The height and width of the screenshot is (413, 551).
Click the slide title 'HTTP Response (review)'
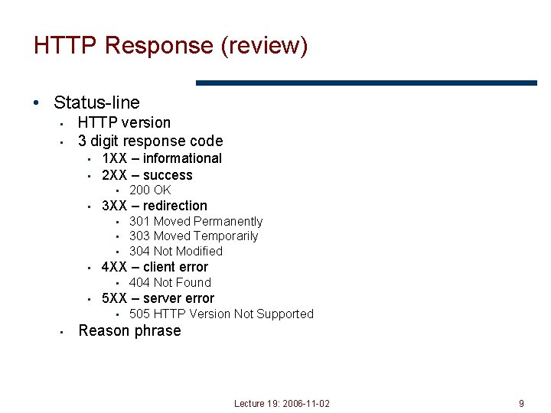(x=171, y=46)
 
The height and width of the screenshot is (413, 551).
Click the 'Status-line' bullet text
(x=96, y=102)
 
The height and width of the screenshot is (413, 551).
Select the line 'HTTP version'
(x=124, y=122)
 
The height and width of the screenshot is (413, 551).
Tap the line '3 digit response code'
(x=150, y=141)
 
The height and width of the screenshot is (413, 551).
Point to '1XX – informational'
(x=161, y=158)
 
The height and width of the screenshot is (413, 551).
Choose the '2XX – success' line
(x=147, y=175)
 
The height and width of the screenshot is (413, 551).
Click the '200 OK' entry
(x=150, y=190)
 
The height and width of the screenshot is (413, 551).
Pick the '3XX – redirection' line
(x=154, y=206)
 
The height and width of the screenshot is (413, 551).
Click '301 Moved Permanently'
(x=196, y=221)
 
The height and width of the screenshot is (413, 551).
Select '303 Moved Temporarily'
(x=194, y=236)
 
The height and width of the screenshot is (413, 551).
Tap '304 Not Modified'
(x=176, y=251)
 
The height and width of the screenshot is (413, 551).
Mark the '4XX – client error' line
(x=155, y=267)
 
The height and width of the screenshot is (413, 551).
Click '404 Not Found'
(x=170, y=282)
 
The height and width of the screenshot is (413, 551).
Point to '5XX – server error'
(x=158, y=298)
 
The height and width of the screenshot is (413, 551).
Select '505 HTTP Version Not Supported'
(x=221, y=314)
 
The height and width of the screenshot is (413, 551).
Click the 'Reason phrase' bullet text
(x=129, y=330)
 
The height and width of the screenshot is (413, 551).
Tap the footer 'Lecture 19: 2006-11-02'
(x=282, y=403)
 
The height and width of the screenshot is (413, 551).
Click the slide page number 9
(x=521, y=403)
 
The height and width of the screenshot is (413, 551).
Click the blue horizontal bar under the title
(x=367, y=83)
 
